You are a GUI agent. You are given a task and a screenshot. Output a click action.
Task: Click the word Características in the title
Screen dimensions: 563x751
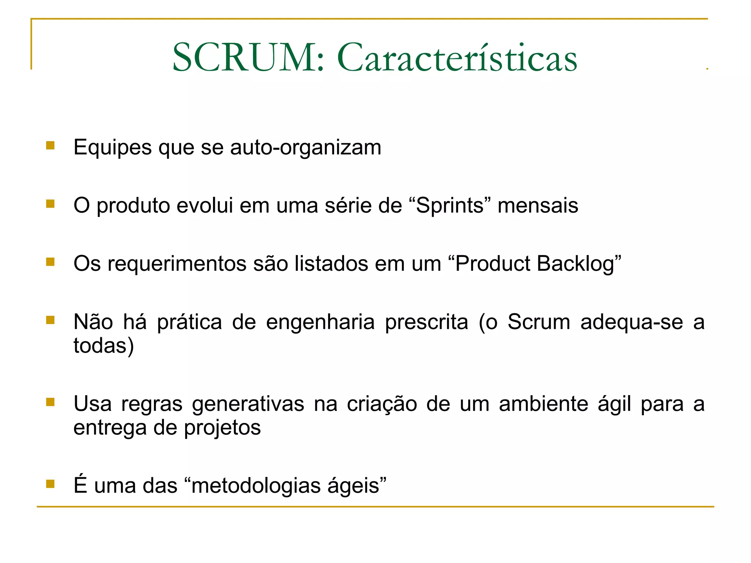point(457,58)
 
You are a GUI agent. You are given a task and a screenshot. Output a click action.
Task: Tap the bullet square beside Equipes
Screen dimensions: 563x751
point(50,146)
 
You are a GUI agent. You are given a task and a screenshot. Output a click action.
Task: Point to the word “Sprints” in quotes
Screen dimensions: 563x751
point(449,206)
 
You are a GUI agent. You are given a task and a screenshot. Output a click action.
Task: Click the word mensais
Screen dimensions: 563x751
point(538,206)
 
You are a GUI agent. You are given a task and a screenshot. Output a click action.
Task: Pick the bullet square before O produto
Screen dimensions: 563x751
point(50,203)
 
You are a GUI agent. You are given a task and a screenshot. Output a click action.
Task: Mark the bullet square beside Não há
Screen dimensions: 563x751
point(50,320)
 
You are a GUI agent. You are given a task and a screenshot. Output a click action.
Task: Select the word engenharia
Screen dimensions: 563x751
point(320,323)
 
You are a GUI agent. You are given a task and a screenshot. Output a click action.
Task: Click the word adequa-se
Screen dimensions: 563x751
point(631,323)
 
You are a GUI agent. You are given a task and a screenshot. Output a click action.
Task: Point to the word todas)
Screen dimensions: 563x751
point(104,346)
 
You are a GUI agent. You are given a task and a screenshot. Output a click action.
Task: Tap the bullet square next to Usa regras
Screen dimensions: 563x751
point(50,402)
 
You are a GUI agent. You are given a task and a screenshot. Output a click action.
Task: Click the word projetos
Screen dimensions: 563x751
point(222,428)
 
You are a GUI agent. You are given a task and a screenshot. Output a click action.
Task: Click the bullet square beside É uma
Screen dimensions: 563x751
point(50,484)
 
